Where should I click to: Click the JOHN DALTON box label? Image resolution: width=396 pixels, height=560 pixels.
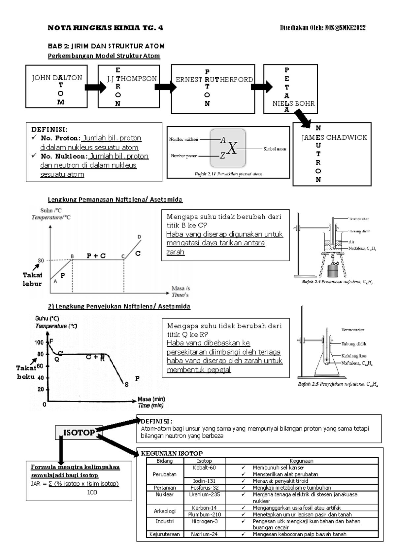pyautogui.click(x=57, y=78)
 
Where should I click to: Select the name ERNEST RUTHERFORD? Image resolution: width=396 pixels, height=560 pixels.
pyautogui.click(x=214, y=80)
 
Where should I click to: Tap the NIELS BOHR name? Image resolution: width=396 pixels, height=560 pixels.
pyautogui.click(x=293, y=104)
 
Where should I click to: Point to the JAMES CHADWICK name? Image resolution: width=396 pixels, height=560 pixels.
pyautogui.click(x=334, y=138)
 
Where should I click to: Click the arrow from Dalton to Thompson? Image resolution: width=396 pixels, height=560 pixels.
pyautogui.click(x=95, y=87)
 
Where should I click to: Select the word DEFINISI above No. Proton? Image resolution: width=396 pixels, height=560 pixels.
pyautogui.click(x=49, y=129)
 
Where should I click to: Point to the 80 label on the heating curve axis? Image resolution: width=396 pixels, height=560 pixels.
pyautogui.click(x=41, y=261)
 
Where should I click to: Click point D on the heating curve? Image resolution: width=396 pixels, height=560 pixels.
pyautogui.click(x=139, y=237)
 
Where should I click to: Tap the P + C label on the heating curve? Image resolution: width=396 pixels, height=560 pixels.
pyautogui.click(x=96, y=256)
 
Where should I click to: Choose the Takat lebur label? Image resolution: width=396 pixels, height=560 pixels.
pyautogui.click(x=32, y=279)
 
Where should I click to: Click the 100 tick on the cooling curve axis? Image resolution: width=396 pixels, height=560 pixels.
pyautogui.click(x=39, y=342)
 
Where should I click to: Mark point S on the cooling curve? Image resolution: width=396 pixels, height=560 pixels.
pyautogui.click(x=126, y=385)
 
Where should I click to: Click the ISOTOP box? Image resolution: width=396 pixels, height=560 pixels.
pyautogui.click(x=79, y=433)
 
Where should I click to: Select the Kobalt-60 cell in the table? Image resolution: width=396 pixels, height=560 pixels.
pyautogui.click(x=204, y=468)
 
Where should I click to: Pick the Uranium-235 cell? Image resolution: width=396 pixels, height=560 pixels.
pyautogui.click(x=204, y=494)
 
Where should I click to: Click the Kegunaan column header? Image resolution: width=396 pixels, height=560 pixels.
pyautogui.click(x=301, y=461)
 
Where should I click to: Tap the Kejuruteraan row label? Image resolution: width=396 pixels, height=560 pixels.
pyautogui.click(x=164, y=534)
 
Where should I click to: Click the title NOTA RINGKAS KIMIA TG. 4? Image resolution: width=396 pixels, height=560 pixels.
pyautogui.click(x=105, y=28)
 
